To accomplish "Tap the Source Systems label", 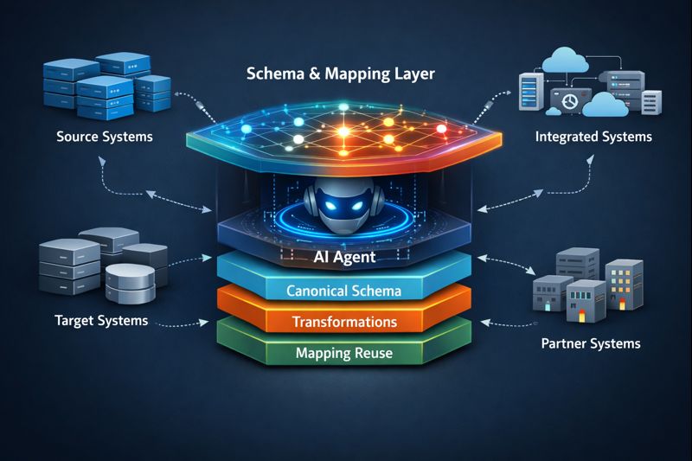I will click(x=104, y=137).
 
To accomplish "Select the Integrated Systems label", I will click(x=593, y=137).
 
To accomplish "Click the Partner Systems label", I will click(x=591, y=343).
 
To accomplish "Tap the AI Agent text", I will click(x=346, y=258).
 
